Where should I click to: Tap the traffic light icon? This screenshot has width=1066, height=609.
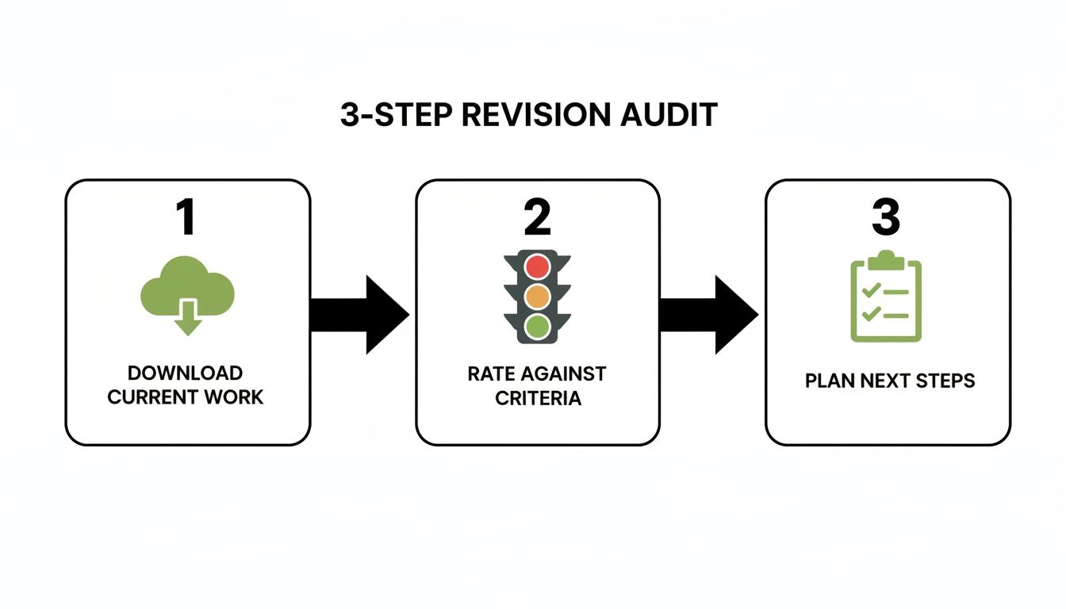point(538,297)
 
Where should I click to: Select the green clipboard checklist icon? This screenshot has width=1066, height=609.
point(886,297)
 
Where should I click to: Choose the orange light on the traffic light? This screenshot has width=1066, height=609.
point(538,296)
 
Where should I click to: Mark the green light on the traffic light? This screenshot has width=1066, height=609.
point(538,324)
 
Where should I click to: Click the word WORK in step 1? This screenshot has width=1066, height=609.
point(235,396)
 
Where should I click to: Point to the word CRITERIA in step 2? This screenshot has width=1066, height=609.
point(538,397)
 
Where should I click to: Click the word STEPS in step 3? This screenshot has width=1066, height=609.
point(945,381)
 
